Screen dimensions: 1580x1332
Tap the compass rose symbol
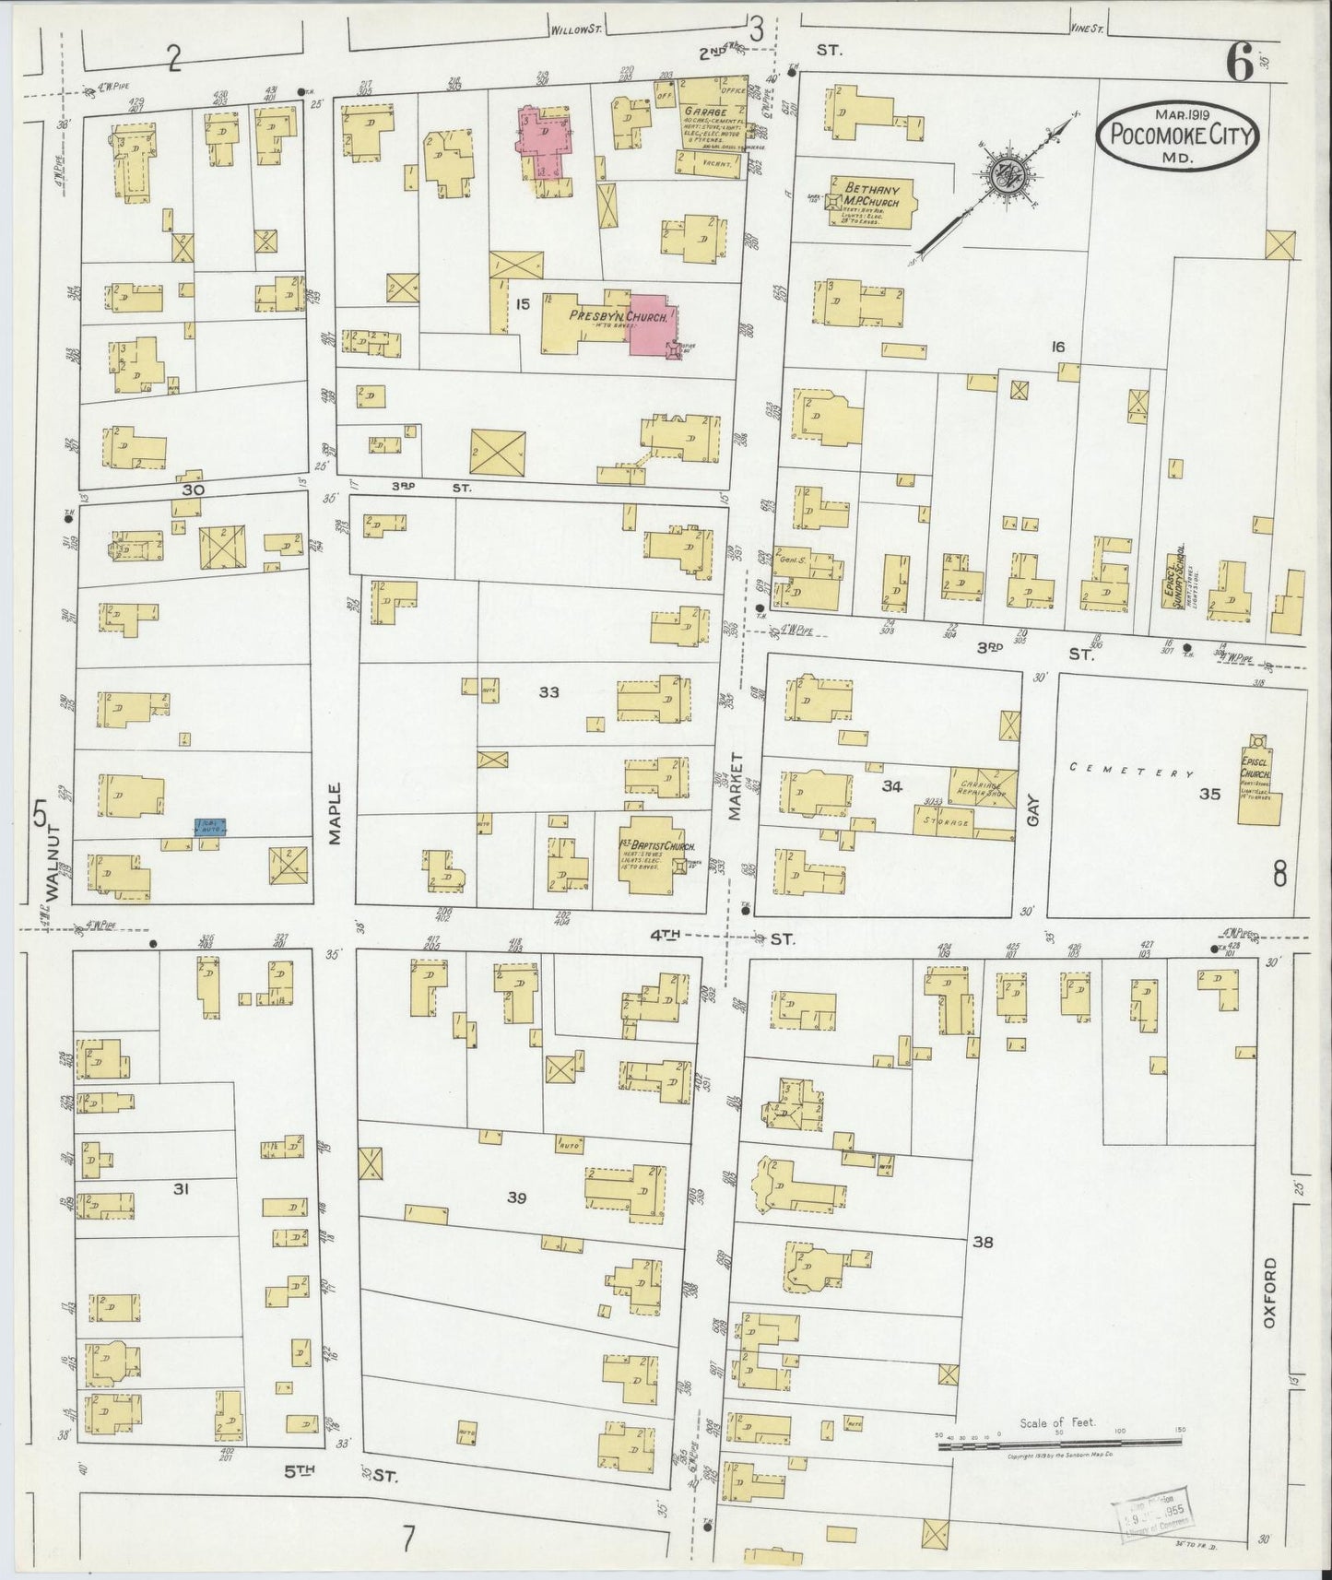[x=1002, y=175]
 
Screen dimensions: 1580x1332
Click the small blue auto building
[x=211, y=828]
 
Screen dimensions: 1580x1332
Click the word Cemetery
[x=1131, y=772]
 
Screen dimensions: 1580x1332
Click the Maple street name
[x=335, y=814]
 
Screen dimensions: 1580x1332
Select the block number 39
[x=516, y=1197]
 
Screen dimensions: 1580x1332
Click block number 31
[x=181, y=1190]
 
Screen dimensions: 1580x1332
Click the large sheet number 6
[x=1239, y=65]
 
